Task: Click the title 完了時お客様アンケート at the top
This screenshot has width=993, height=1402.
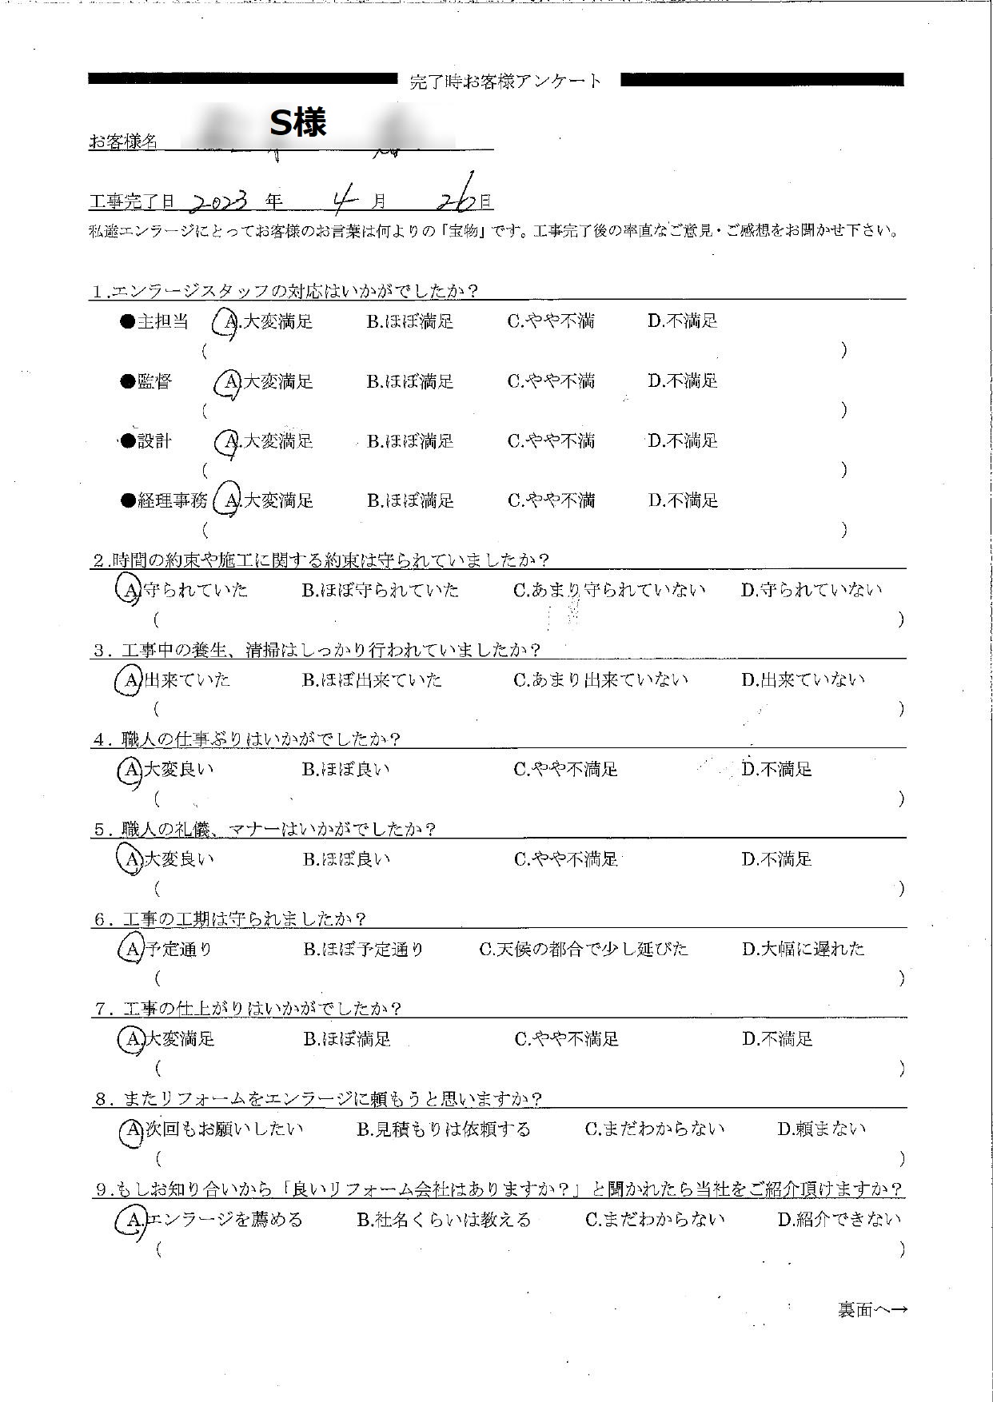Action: pos(505,81)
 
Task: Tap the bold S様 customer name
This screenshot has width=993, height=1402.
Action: pos(297,123)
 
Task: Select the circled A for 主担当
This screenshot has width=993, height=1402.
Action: pos(229,322)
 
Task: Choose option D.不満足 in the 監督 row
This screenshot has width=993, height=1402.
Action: pos(683,381)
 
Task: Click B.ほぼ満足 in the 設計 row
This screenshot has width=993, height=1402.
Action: pos(410,441)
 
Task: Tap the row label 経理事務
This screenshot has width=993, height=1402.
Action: pos(173,501)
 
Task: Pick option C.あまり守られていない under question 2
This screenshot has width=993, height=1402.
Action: pos(609,591)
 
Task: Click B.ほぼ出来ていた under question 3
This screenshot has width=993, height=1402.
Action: pos(372,680)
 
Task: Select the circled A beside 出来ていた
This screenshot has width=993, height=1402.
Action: pos(130,680)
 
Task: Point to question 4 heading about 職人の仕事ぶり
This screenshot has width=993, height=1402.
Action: pos(247,739)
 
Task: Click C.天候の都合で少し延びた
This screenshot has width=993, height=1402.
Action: pos(583,950)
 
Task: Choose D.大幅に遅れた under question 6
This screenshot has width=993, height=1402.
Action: pos(803,950)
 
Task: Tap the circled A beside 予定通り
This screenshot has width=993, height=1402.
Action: pos(130,950)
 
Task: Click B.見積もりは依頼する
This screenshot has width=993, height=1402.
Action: pos(443,1129)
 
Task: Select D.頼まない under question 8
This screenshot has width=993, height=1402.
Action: pos(821,1129)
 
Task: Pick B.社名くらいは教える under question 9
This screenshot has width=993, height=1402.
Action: pos(443,1220)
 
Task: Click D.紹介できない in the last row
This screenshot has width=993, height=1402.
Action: pos(839,1220)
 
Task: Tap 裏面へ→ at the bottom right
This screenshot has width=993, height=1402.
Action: pos(872,1310)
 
